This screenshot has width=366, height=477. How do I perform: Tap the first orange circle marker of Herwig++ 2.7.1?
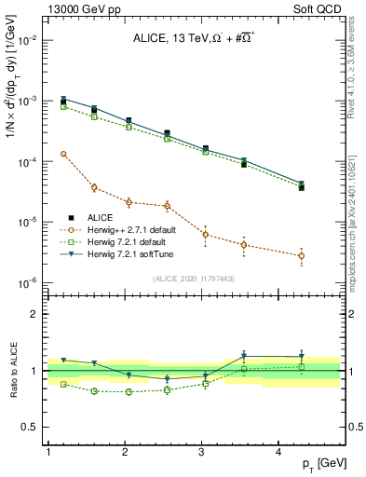(63, 154)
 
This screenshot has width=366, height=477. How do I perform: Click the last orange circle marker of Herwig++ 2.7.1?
(301, 256)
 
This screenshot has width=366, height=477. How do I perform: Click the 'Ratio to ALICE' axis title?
(12, 371)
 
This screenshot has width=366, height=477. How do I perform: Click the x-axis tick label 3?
(202, 451)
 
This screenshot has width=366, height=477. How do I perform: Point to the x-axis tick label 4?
(278, 451)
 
